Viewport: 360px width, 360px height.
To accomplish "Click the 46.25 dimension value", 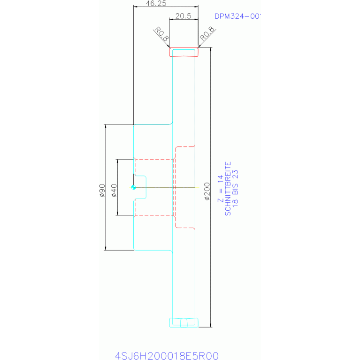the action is [x=156, y=3].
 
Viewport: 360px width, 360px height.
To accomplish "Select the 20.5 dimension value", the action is [x=183, y=15].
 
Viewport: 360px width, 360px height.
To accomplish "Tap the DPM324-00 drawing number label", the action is [x=237, y=16].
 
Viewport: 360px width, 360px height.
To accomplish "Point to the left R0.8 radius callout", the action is [x=162, y=35].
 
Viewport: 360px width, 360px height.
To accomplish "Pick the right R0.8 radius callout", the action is [x=207, y=34].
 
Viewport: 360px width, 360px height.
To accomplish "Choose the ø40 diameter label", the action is [x=113, y=191].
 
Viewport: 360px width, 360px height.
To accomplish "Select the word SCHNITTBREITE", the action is [x=228, y=189].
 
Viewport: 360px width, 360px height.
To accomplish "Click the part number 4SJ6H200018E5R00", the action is [x=167, y=355].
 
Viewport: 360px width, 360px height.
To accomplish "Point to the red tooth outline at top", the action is [x=184, y=52].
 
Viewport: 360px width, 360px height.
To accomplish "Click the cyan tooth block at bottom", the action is [x=184, y=322].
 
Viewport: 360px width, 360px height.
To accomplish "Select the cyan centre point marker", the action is [x=134, y=187].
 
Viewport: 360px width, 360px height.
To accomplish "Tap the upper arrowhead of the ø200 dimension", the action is [x=210, y=49].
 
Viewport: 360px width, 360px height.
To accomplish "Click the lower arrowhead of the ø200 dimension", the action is [x=210, y=325].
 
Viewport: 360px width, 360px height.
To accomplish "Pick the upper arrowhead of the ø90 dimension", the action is [x=106, y=127].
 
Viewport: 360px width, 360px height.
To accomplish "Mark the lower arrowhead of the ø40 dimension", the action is [x=117, y=213].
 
